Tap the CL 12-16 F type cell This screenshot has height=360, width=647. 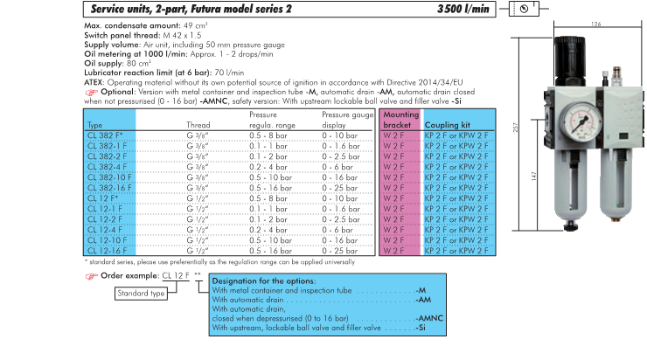pyautogui.click(x=105, y=249)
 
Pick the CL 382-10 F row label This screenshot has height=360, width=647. pyautogui.click(x=106, y=175)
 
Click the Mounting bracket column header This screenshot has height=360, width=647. pyautogui.click(x=400, y=120)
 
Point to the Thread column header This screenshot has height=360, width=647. pyautogui.click(x=198, y=125)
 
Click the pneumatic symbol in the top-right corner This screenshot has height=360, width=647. pyautogui.click(x=522, y=9)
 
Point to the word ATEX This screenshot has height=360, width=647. pyautogui.click(x=93, y=80)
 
